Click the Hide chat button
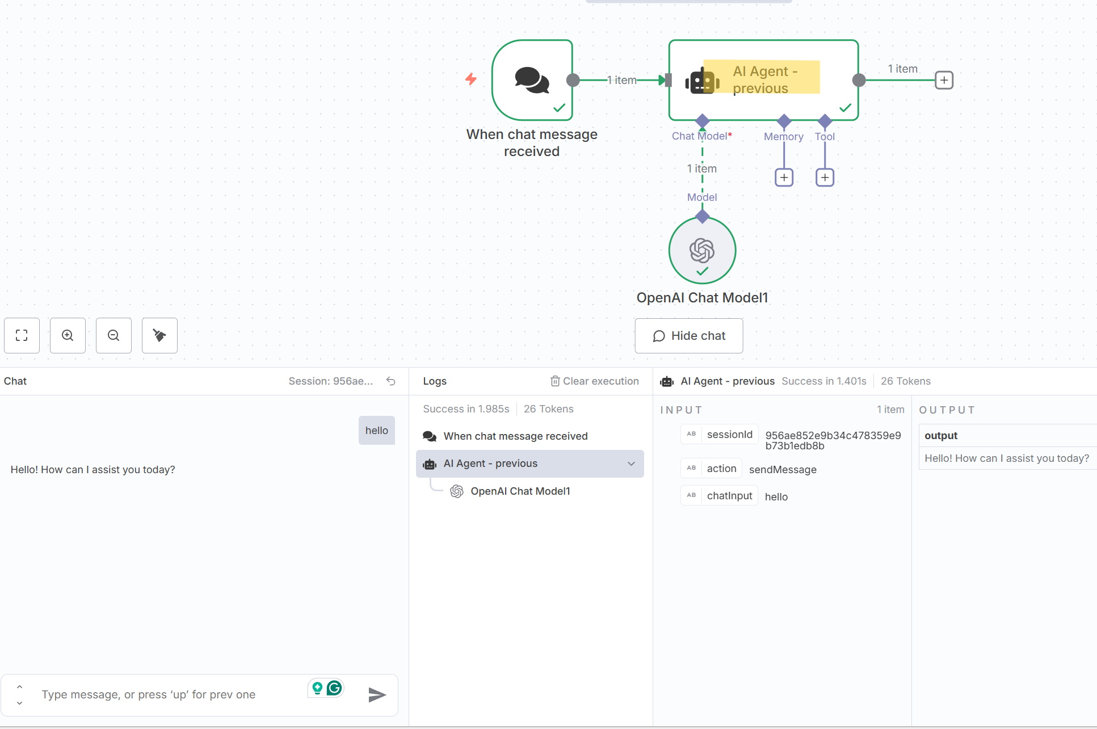(688, 336)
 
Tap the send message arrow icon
(377, 694)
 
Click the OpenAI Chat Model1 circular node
(702, 250)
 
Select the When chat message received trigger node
(532, 80)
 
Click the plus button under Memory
(784, 178)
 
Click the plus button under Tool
(825, 178)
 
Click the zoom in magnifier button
(68, 336)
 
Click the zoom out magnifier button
(114, 336)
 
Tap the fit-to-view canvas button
(22, 336)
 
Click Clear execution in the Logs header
(595, 381)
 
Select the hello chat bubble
(376, 431)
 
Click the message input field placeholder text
(148, 694)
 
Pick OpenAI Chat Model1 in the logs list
(520, 491)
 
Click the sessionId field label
(729, 435)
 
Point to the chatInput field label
(729, 496)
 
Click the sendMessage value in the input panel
(783, 470)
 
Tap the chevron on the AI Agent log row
(631, 463)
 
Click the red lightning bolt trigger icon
(471, 79)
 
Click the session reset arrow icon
(391, 381)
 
